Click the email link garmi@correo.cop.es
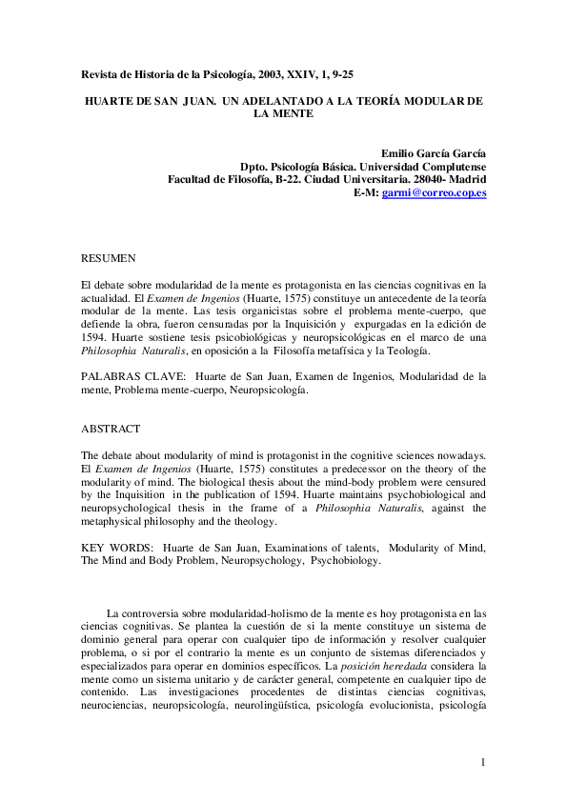[x=434, y=192]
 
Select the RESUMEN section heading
[x=108, y=257]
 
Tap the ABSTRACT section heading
[x=111, y=430]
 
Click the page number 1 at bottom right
[x=483, y=762]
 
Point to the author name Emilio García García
[x=434, y=152]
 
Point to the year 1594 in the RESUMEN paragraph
[x=95, y=337]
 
